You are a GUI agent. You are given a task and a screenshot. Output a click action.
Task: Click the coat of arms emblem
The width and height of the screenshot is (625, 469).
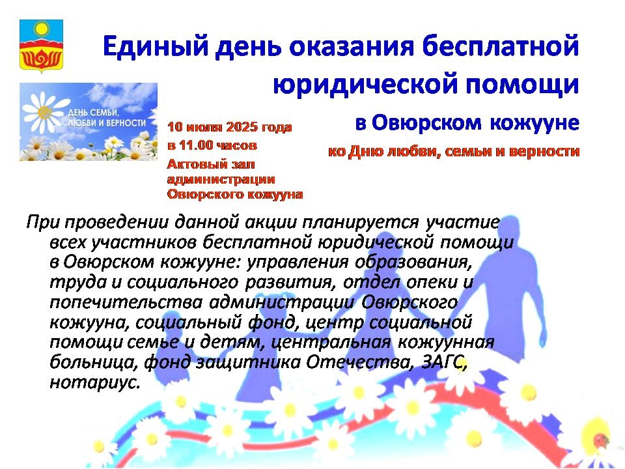41,46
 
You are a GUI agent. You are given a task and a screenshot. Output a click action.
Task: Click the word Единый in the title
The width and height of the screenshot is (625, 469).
156,46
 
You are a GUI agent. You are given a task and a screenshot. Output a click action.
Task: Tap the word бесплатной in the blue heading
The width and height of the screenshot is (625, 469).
500,46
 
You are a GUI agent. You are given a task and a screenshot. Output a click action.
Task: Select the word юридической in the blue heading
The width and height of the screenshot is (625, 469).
365,84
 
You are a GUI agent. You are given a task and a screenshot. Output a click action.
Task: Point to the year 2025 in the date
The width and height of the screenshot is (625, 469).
242,127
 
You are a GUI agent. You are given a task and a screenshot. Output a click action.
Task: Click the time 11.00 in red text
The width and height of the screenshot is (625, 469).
196,145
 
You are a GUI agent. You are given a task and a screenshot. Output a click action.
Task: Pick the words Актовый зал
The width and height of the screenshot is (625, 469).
211,164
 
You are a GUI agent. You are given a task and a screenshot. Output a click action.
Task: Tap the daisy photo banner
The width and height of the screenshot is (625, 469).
89,122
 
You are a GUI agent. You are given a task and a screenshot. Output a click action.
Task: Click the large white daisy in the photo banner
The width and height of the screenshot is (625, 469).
44,112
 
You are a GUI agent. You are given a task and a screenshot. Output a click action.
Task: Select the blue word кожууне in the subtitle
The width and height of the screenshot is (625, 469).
534,122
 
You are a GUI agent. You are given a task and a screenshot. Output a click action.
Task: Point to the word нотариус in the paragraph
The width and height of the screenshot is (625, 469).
95,382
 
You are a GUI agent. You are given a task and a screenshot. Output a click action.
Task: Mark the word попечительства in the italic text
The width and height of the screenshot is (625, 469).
126,302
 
